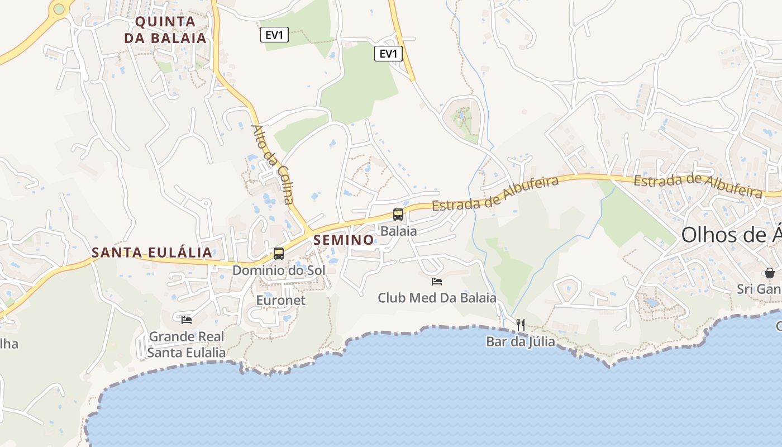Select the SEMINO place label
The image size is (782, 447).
click(344, 240)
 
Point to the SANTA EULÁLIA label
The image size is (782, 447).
click(152, 253)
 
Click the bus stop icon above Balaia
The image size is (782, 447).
click(398, 214)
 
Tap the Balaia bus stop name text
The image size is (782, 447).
click(398, 231)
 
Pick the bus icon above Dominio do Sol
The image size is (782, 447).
click(278, 253)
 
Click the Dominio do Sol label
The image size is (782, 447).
click(278, 270)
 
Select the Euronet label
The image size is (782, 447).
click(280, 300)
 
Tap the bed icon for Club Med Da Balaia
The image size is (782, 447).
click(437, 281)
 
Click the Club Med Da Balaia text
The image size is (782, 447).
click(437, 298)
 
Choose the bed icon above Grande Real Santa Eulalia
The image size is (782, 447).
click(187, 320)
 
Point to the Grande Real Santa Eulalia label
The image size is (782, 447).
click(187, 344)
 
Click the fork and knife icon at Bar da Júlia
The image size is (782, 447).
click(521, 325)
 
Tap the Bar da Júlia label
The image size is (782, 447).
click(521, 341)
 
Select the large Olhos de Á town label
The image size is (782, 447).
click(731, 235)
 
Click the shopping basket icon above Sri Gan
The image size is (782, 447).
click(770, 273)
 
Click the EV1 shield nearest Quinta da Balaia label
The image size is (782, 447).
click(274, 35)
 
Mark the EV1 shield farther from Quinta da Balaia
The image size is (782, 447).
click(388, 54)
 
